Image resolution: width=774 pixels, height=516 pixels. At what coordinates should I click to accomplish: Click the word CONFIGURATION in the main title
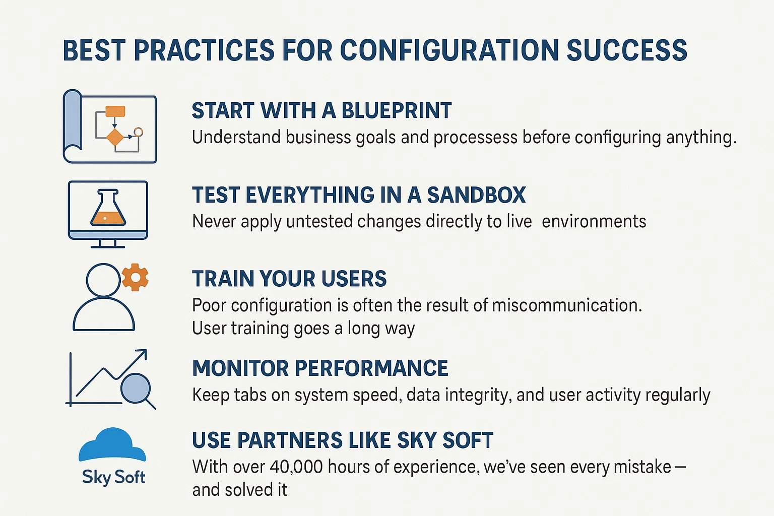point(449,50)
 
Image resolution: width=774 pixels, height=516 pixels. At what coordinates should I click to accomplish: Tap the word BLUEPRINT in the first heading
point(397,110)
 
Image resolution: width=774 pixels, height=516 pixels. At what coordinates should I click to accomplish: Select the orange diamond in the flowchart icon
point(115,137)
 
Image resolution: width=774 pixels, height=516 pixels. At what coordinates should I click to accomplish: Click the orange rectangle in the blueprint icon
point(115,111)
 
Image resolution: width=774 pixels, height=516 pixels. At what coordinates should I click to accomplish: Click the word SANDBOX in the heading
point(477,195)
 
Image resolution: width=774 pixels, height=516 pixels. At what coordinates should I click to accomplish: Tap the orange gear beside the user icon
point(135,277)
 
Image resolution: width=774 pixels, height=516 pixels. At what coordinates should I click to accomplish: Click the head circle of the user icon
point(103,280)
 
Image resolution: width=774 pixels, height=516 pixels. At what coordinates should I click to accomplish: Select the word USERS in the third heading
point(354,279)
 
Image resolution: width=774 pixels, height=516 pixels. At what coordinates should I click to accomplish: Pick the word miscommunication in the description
point(567,305)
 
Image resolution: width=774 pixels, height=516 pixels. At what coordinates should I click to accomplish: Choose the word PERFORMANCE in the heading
point(371,368)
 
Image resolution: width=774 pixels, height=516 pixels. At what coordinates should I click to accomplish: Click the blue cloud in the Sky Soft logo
point(112,445)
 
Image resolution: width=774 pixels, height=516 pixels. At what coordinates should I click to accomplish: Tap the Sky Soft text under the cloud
point(114,478)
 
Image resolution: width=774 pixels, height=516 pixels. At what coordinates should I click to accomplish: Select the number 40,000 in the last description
point(296,467)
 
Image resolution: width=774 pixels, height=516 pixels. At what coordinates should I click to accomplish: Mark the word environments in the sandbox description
point(594,222)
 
